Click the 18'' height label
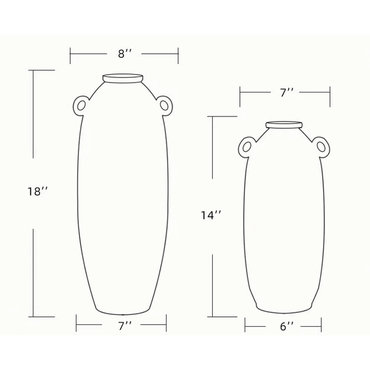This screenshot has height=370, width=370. pyautogui.click(x=38, y=191)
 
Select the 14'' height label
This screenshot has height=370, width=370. pyautogui.click(x=211, y=215)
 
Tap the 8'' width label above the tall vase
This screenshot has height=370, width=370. pyautogui.click(x=125, y=54)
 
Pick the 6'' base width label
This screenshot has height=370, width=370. pyautogui.click(x=287, y=327)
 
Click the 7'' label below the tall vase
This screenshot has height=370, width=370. pyautogui.click(x=125, y=326)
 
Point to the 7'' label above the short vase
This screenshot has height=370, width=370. pyautogui.click(x=287, y=92)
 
